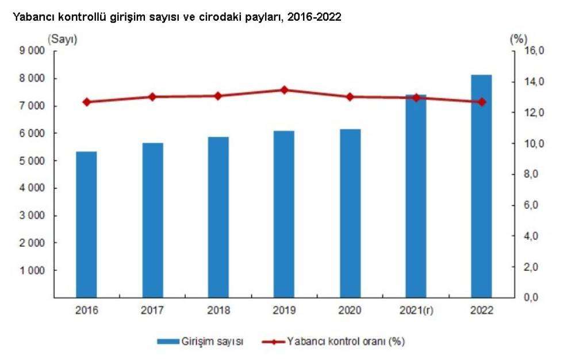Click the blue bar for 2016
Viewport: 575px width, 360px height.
pos(87,224)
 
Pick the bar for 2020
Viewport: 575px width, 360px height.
pos(350,213)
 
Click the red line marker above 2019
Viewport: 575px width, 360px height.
pos(284,90)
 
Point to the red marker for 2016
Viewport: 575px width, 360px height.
pos(87,102)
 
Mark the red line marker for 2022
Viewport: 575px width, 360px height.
pos(481,102)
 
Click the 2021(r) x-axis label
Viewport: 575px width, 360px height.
pos(416,311)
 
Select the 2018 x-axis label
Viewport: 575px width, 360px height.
pos(218,311)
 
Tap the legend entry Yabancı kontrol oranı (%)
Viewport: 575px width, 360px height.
pos(346,342)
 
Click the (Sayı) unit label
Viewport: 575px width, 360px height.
pos(63,39)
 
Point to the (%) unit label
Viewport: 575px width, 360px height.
pos(518,39)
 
